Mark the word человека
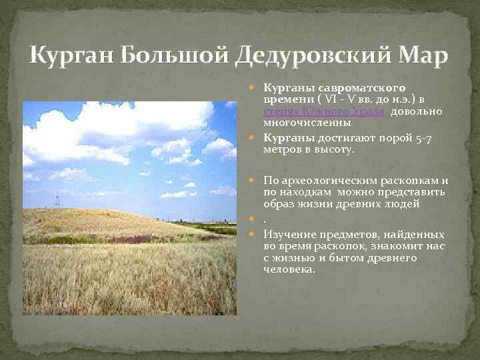289,270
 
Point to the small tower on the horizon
57,199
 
